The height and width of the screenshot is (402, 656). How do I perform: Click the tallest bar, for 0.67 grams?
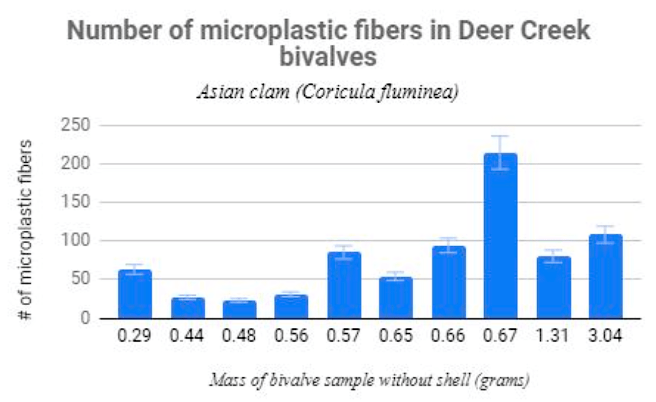coord(500,236)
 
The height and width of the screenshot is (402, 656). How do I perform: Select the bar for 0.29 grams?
coord(135,294)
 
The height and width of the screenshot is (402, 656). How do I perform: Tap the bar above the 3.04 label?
coord(605,276)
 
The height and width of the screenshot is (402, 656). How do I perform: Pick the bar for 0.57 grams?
coord(344,285)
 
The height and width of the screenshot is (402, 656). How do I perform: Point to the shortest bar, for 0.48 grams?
coord(239,309)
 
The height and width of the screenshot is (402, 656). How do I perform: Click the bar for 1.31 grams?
coord(553,288)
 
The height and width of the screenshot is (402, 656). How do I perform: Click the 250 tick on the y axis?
coord(75,125)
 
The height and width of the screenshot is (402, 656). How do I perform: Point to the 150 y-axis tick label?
coord(75,202)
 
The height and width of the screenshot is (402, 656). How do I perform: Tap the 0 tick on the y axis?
coord(85,318)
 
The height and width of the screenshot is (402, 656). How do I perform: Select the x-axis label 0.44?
coord(187,336)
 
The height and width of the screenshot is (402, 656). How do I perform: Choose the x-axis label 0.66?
coord(448,336)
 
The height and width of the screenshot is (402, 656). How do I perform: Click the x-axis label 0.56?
coord(291,336)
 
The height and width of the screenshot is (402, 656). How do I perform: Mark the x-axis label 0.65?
coord(396,336)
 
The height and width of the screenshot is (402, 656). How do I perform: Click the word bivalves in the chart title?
coord(328,56)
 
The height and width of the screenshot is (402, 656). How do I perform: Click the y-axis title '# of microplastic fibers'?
coord(25,230)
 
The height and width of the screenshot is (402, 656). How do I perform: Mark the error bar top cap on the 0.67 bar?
coord(500,136)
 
